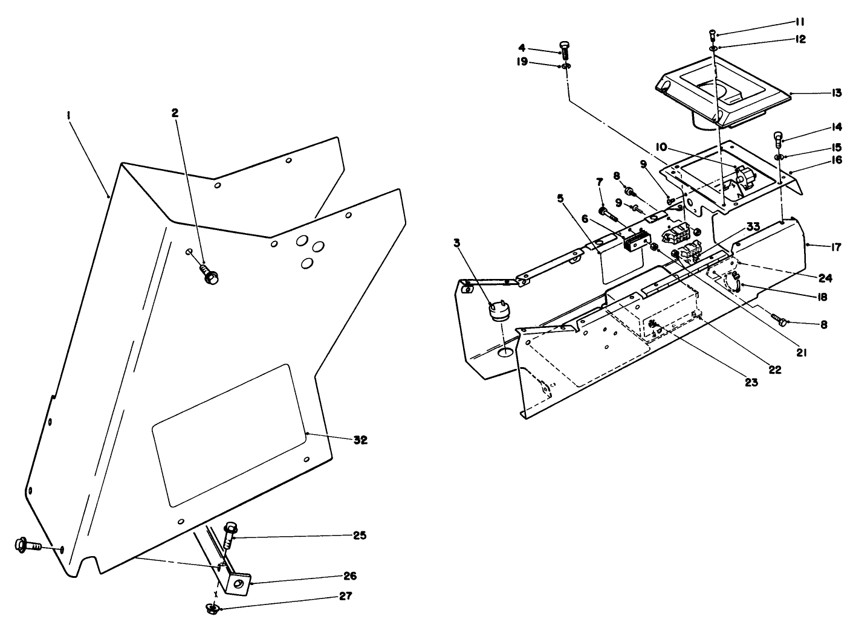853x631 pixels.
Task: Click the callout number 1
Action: (69, 112)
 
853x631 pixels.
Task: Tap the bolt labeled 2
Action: (210, 275)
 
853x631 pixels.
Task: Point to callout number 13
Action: (836, 93)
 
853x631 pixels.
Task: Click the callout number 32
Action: (360, 440)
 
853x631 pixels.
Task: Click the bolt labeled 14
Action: (779, 140)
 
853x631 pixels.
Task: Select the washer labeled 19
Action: (565, 65)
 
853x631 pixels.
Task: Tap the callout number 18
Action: (820, 297)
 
